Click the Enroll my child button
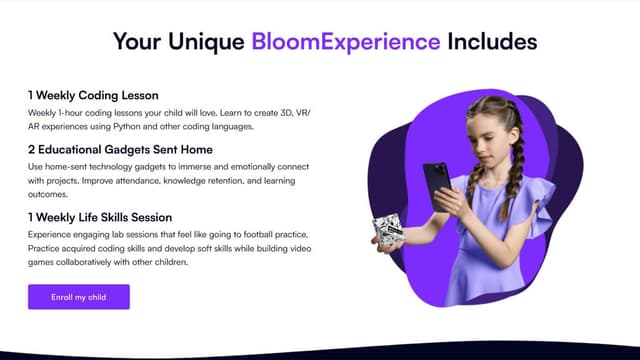point(79,297)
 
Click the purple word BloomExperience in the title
point(346,42)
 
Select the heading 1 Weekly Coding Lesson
point(93,95)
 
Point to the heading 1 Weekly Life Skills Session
point(100,217)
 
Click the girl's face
point(486,139)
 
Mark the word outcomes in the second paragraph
point(49,195)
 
